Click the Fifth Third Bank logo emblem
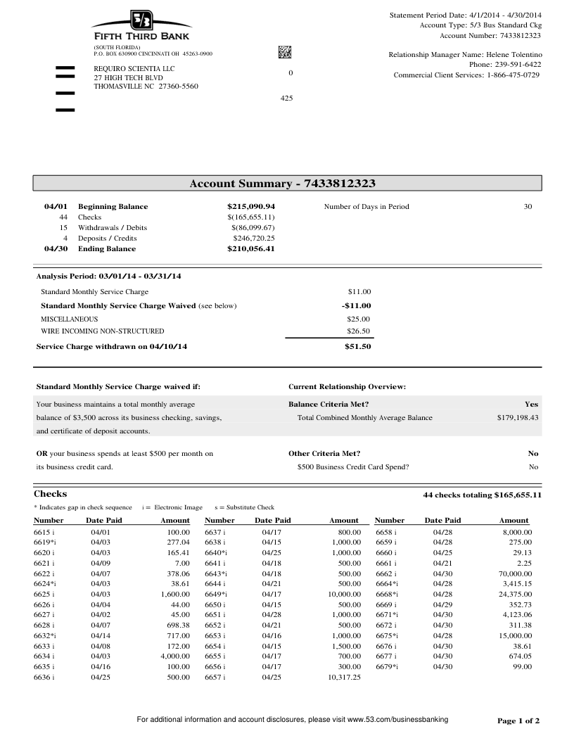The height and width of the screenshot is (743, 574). [x=141, y=20]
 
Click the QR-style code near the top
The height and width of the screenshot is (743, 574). [x=285, y=52]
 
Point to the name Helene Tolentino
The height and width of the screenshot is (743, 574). [x=514, y=54]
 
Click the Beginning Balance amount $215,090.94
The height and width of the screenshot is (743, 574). [x=250, y=207]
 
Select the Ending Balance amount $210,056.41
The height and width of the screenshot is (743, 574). [x=250, y=249]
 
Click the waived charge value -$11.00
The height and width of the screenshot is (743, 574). [x=356, y=306]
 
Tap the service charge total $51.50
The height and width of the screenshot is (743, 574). [x=357, y=347]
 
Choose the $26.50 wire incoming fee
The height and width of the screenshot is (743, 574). [x=359, y=331]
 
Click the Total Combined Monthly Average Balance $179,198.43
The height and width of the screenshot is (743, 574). [x=517, y=418]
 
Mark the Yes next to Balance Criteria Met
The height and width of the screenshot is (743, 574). [x=531, y=405]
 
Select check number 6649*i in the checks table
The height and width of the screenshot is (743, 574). [x=216, y=595]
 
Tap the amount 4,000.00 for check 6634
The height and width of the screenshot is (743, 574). [x=175, y=656]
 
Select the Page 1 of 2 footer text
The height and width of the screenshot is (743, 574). [x=518, y=721]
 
